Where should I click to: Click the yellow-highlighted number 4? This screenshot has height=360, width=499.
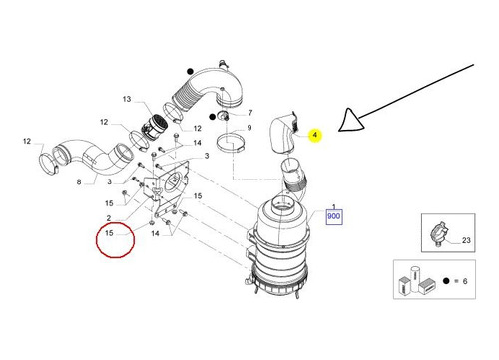coord(315,135)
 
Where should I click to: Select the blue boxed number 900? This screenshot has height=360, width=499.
coord(334,216)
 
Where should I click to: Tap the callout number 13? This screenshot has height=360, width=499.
coord(127,99)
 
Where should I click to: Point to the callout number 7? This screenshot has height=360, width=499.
coord(250,113)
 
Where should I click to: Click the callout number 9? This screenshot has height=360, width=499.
coord(249,128)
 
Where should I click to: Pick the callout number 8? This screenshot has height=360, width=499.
coord(79,181)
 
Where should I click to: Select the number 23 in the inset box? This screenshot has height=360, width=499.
coord(466,240)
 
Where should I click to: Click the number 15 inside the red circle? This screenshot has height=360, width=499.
coord(109,233)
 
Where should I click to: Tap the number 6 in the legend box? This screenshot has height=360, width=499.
coord(465,281)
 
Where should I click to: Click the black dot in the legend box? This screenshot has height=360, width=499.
coord(446,281)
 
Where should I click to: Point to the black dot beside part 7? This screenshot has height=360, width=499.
coord(212,117)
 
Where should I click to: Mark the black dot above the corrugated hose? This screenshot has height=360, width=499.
coord(190,71)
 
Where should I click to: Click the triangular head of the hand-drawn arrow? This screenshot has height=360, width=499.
coord(351,120)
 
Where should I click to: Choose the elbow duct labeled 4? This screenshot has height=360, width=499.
coord(281,134)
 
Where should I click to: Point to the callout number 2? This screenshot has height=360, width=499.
coord(109,218)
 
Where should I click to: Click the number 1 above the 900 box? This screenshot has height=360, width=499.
coord(334,206)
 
